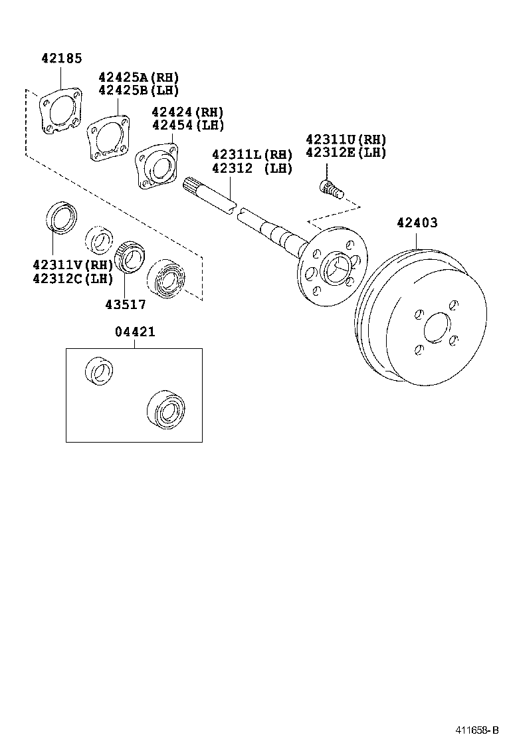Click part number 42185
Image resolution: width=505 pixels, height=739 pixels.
(x=61, y=58)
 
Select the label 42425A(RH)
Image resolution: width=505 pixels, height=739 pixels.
(x=139, y=78)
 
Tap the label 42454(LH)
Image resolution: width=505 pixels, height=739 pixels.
(x=187, y=125)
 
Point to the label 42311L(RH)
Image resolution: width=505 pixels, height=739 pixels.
(x=252, y=155)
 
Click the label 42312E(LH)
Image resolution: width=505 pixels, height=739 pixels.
(x=346, y=152)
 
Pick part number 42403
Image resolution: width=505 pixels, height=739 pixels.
(x=417, y=223)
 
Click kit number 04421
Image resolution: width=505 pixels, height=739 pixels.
(x=134, y=332)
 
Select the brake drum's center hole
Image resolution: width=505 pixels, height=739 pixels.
(x=435, y=329)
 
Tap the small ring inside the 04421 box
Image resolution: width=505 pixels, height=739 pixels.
(x=99, y=369)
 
